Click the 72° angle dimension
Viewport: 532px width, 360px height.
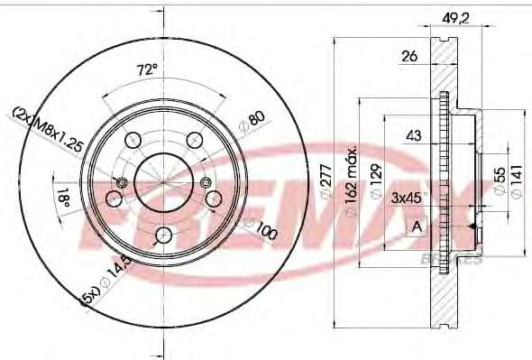point(147,69)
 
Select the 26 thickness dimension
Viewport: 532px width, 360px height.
point(409,58)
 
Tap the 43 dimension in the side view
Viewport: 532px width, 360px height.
point(414,136)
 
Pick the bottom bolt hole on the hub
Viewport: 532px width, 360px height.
point(163,235)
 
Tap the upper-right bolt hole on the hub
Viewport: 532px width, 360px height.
point(194,139)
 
